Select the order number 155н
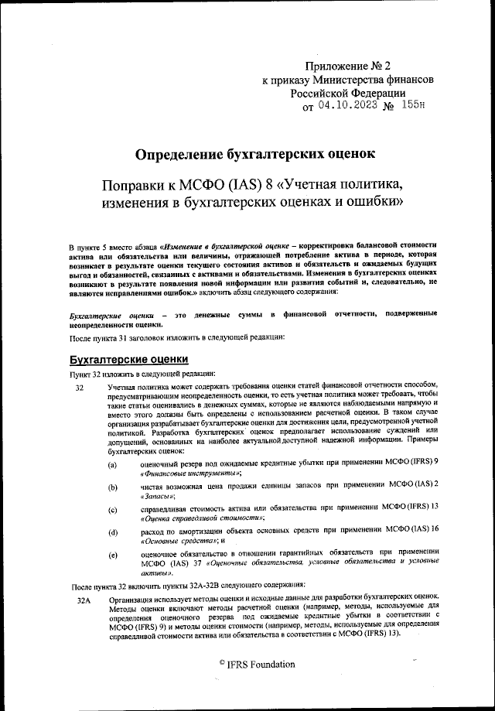point(414,106)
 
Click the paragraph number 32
point(80,386)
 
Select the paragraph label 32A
point(84,600)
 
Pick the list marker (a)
point(113,464)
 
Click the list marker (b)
point(113,487)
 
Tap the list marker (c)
point(113,510)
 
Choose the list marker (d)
point(113,533)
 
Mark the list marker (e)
point(113,555)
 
